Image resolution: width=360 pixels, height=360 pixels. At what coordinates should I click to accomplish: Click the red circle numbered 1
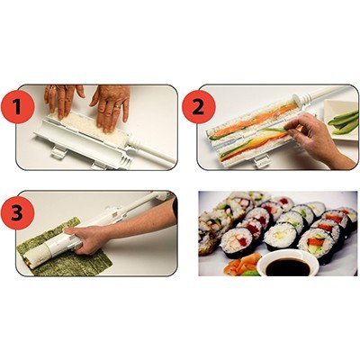17,107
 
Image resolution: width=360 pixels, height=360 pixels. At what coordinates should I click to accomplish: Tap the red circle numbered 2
198,107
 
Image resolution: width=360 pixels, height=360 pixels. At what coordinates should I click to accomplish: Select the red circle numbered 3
17,213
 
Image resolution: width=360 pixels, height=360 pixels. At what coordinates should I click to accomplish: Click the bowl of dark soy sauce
288,263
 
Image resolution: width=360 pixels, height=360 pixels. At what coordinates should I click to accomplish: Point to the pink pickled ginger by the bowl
240,263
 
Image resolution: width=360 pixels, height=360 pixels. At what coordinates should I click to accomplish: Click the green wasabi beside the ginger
251,273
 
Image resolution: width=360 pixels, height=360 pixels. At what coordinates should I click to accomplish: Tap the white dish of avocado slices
341,120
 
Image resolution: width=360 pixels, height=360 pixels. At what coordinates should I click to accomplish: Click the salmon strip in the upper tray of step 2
252,121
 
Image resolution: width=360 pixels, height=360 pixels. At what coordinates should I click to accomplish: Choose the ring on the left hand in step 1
53,88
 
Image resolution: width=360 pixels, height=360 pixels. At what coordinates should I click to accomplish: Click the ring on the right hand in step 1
118,105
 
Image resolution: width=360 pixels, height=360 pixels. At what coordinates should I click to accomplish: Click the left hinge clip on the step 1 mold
58,152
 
